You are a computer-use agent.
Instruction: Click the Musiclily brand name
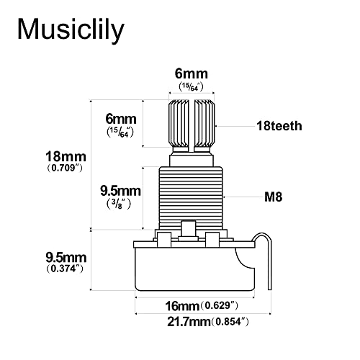click(71, 30)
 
